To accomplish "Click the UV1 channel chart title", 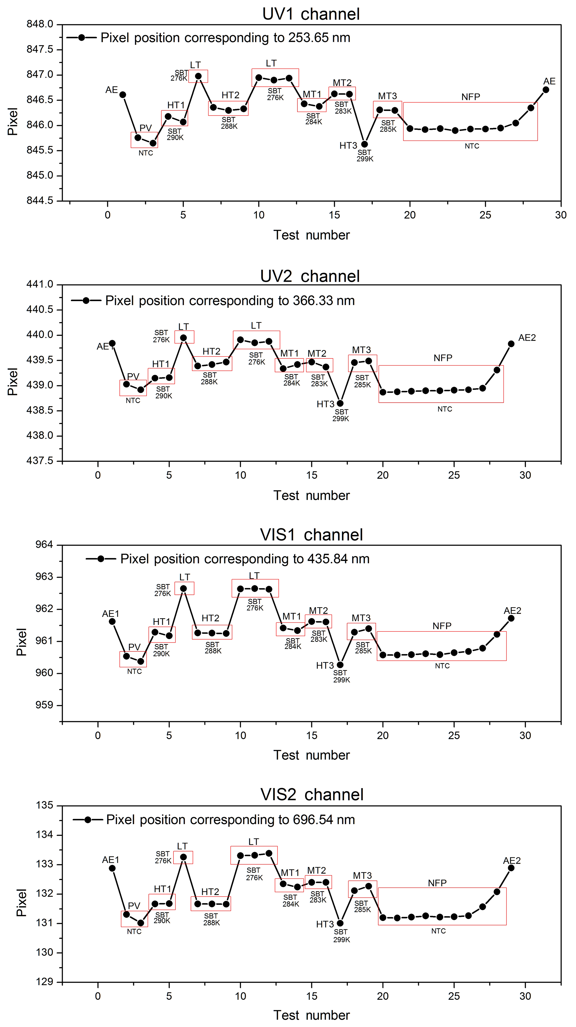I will coord(311,14).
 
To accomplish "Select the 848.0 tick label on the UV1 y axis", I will coord(40,24).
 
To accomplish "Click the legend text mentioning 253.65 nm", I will coord(225,38).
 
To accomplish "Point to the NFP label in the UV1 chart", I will coord(470,97).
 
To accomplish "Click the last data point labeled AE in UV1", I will coord(546,90).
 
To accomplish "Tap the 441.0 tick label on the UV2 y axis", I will coord(40,284).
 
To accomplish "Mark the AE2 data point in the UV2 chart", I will coord(511,344).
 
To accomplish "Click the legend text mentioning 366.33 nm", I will coord(230,301).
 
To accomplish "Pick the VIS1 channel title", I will coord(311,535).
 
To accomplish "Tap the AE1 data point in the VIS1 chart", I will coord(112,622).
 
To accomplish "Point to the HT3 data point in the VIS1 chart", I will coord(340,665).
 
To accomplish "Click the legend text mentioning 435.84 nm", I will coord(245,559).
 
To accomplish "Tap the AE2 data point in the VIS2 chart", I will coord(511,868).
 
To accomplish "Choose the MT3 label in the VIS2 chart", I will coord(362,876).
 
